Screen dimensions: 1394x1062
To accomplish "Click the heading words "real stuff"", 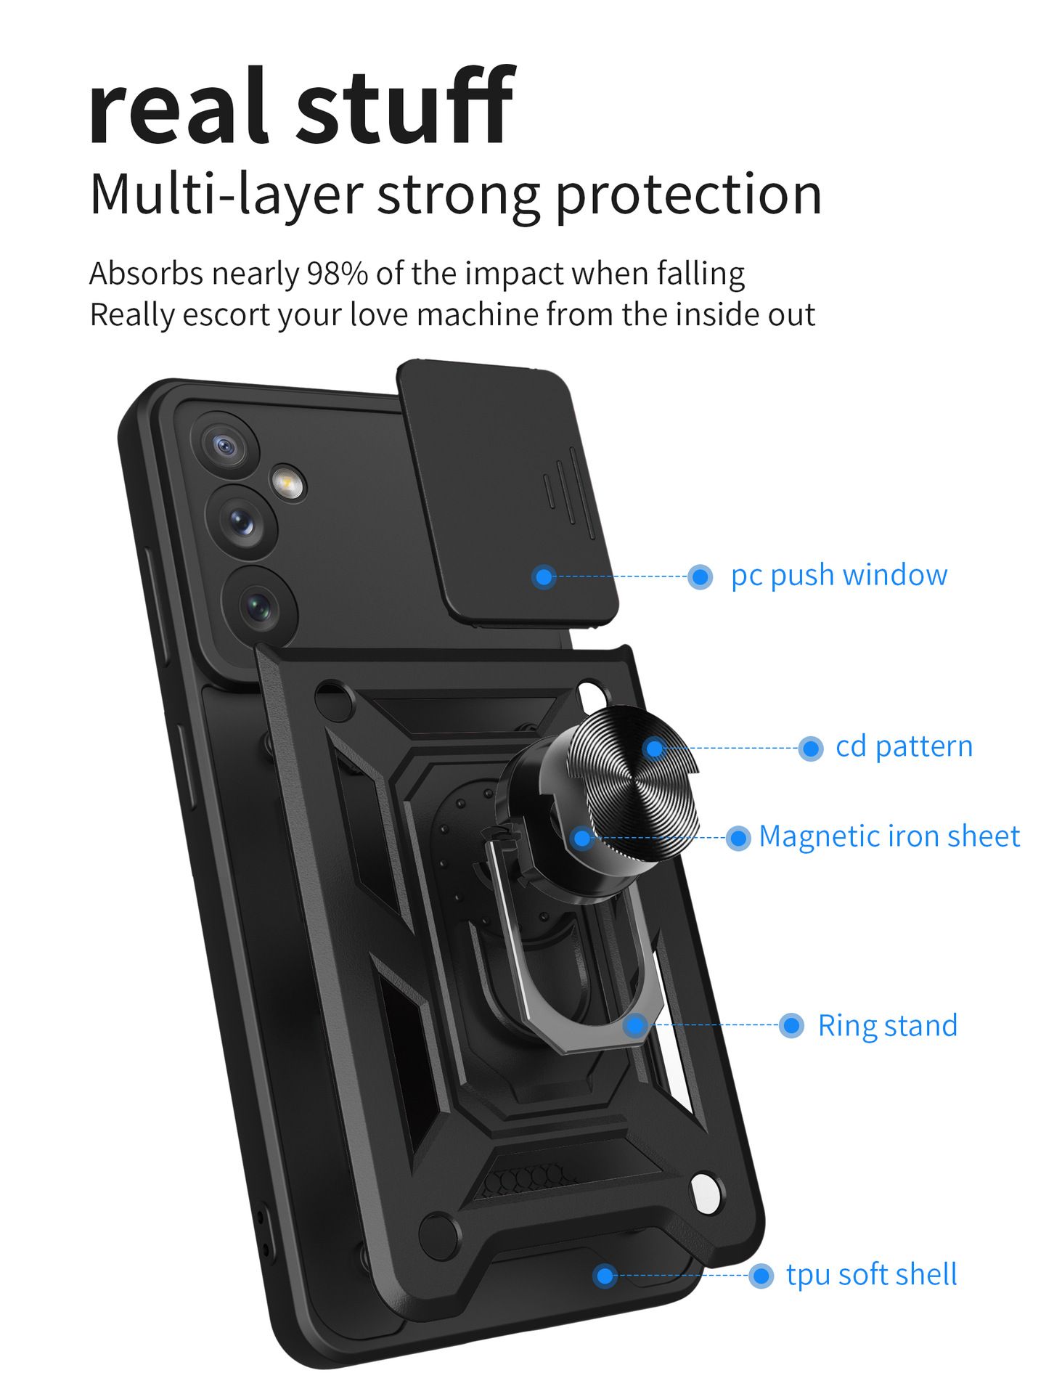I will point(301,107).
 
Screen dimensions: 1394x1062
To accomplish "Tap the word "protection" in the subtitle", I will point(688,195).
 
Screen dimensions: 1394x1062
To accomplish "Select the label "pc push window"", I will point(838,575).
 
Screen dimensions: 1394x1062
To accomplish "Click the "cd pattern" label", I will point(904,746).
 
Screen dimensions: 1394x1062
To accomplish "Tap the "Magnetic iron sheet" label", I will point(889,836).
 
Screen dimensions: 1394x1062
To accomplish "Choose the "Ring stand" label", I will point(887,1026).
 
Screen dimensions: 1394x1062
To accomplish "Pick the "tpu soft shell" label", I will point(871,1275).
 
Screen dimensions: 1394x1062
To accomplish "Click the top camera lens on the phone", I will point(226,444).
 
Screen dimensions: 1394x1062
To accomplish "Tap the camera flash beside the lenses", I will point(287,482).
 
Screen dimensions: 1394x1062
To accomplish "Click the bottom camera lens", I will point(258,605).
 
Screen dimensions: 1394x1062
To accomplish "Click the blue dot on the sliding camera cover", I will point(544,577).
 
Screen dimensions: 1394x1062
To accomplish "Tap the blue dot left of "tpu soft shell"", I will point(604,1276).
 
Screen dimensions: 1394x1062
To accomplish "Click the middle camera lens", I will point(242,521).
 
